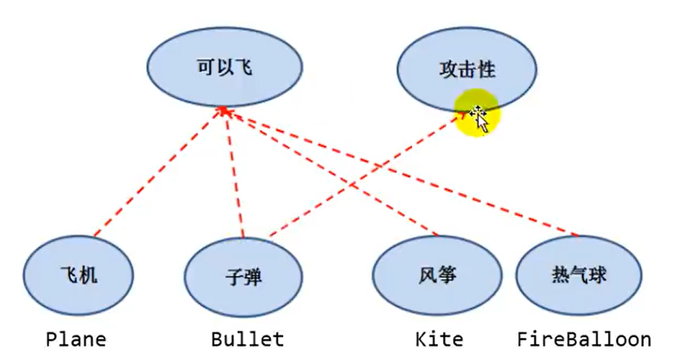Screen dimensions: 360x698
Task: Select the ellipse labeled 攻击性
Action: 467,70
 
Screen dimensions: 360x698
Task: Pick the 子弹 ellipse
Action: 243,277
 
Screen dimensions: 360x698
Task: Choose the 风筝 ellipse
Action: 437,276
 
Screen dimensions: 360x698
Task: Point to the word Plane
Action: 76,339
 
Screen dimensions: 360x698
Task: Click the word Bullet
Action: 247,339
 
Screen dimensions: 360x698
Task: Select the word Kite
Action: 439,339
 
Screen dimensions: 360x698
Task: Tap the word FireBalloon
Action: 584,339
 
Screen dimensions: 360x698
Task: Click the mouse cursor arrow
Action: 480,119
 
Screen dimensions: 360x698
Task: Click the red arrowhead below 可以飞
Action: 224,112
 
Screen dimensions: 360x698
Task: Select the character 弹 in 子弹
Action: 253,277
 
